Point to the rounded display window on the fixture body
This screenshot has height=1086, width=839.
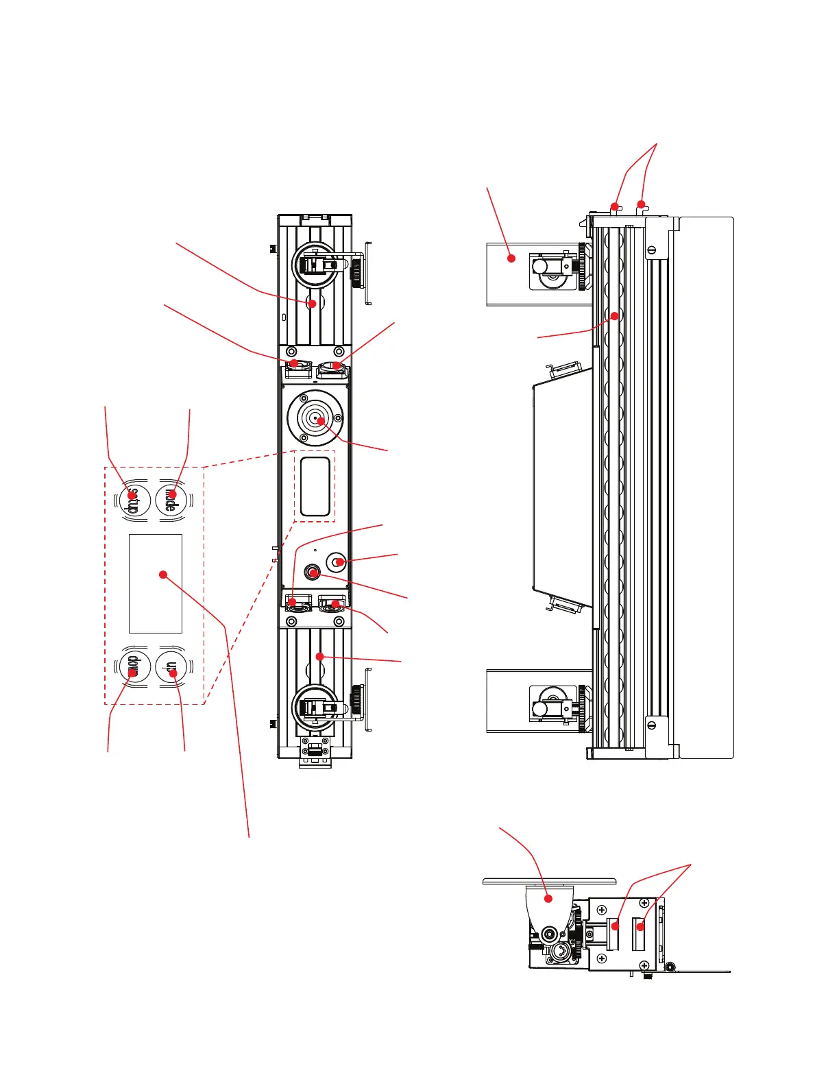click(x=315, y=486)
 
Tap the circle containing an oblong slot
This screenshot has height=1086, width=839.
click(x=336, y=563)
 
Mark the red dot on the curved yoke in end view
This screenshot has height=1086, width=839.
click(x=548, y=898)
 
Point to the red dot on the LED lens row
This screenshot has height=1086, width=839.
click(x=615, y=316)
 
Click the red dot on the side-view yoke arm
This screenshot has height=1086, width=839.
click(x=511, y=258)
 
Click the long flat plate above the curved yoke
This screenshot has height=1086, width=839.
click(x=549, y=881)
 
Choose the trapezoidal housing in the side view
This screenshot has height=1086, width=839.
click(x=562, y=487)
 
